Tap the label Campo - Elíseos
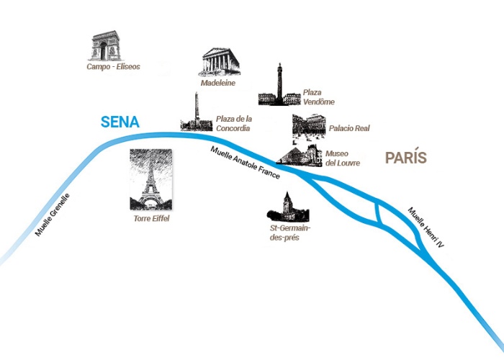coord(113,67)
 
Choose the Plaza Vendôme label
coord(318,97)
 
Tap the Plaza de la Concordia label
coord(233,124)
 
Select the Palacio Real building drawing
coord(308,126)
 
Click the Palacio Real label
coord(349,129)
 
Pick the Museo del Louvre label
coord(343,158)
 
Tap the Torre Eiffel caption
coord(151,217)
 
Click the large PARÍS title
coord(406,158)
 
